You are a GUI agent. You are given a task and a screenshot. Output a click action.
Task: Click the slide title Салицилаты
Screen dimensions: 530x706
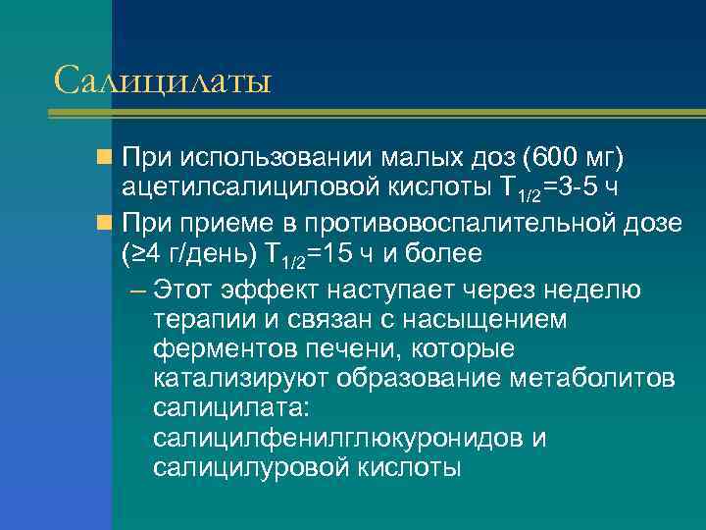[162, 79]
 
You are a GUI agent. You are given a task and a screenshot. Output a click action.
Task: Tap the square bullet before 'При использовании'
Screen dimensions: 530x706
[105, 157]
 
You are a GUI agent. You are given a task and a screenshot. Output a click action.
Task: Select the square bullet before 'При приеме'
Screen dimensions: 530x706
[105, 222]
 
